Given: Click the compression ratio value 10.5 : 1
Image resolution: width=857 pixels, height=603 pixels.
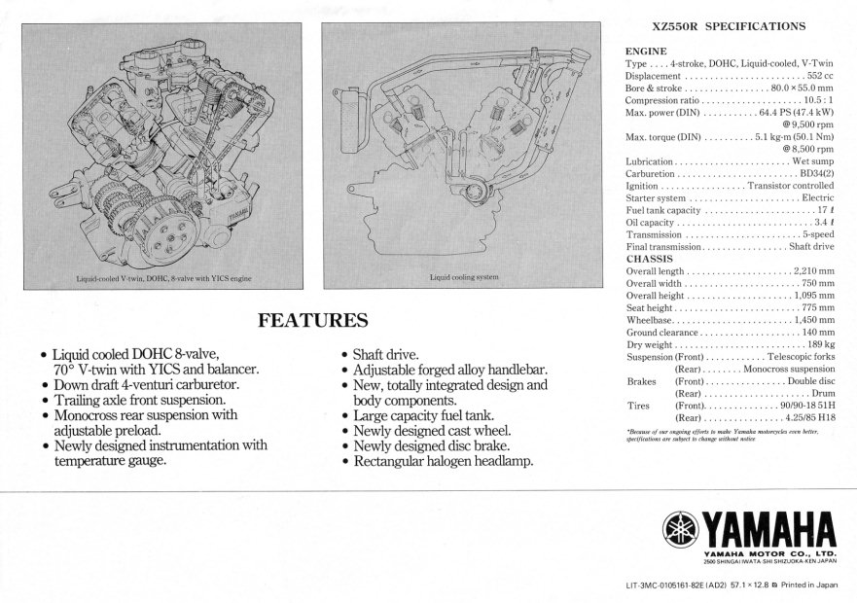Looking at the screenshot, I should point(815,100).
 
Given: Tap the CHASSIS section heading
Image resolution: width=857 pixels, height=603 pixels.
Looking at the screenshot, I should point(650,259).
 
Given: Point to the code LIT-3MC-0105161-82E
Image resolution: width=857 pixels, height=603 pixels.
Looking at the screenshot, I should point(679,585).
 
